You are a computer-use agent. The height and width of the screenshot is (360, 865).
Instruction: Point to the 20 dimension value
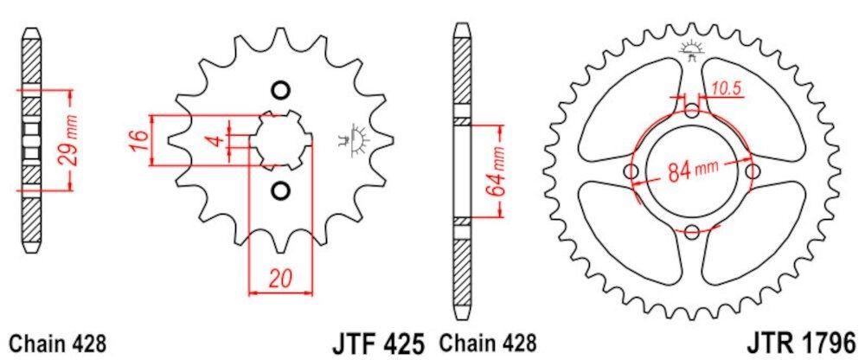[279, 279]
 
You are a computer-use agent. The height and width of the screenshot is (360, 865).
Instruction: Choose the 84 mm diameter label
[692, 171]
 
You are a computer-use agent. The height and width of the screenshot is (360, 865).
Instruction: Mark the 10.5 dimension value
[728, 87]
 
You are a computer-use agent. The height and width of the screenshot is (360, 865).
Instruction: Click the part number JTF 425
[377, 343]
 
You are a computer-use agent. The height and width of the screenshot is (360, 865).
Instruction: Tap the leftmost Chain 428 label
[57, 343]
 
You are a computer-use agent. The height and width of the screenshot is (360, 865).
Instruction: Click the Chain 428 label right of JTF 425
[490, 343]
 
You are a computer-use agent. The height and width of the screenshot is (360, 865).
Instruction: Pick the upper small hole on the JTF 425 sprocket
[279, 90]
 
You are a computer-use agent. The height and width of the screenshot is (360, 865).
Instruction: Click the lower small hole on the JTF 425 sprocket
[279, 190]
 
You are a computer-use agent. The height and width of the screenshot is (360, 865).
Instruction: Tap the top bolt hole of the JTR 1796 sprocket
[691, 111]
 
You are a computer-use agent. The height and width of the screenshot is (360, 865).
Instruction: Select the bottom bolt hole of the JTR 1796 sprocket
[691, 231]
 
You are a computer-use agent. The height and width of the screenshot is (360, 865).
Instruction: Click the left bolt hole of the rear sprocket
[631, 171]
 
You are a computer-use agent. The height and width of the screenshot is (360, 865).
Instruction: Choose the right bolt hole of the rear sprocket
[752, 171]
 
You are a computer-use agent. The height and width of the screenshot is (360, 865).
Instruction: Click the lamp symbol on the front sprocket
[353, 139]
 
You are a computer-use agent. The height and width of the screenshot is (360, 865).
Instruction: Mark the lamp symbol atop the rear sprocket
[691, 48]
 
